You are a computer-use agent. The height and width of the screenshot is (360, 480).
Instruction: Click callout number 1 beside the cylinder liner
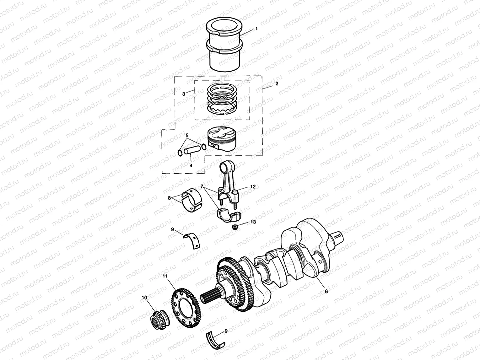(256, 29)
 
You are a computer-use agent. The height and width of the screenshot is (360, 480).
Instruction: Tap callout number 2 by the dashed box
(276, 84)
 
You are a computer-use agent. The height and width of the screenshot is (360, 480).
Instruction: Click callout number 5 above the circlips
(187, 136)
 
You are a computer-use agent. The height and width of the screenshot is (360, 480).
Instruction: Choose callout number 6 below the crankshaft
(326, 291)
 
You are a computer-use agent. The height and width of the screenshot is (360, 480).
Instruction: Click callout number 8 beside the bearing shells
(170, 198)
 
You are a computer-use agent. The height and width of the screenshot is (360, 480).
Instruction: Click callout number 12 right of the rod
(253, 186)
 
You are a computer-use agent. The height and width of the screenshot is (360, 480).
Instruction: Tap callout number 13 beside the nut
(253, 222)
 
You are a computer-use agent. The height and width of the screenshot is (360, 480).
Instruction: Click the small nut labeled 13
(235, 226)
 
